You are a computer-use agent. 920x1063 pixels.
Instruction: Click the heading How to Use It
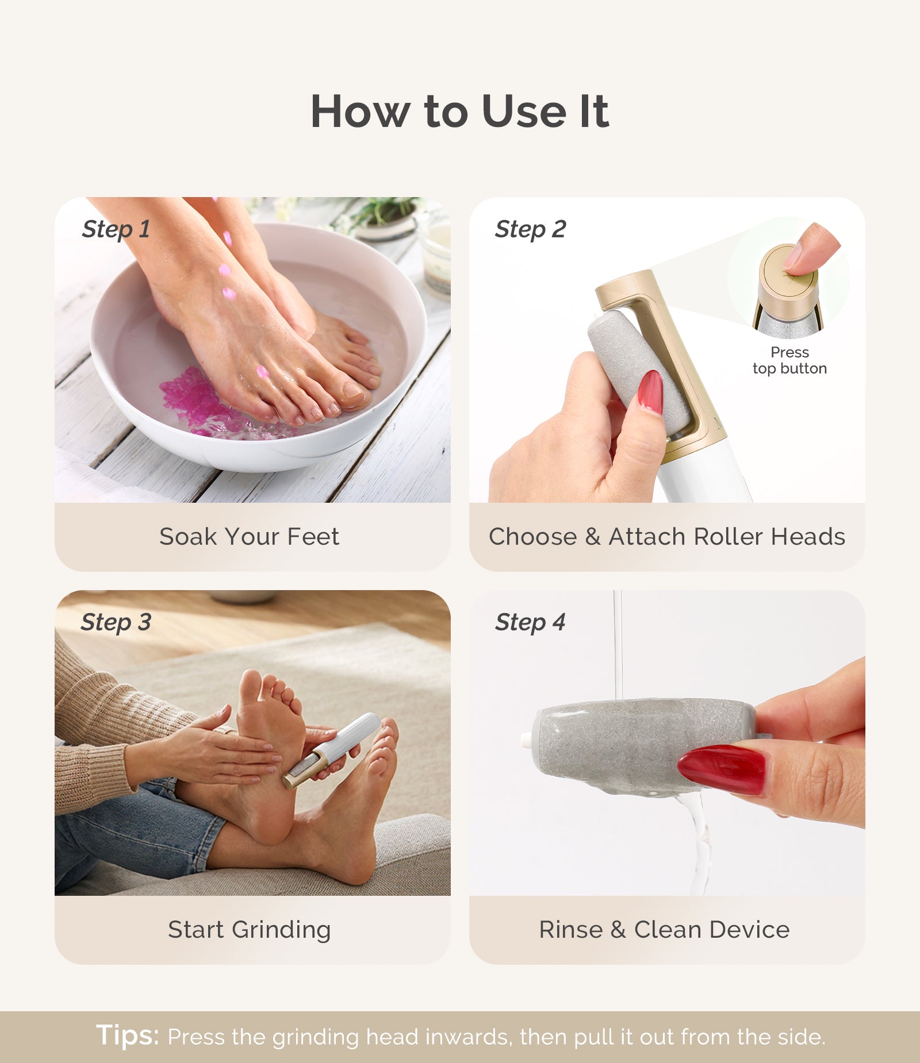[x=459, y=111]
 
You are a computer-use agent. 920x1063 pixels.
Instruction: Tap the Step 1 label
[x=116, y=229]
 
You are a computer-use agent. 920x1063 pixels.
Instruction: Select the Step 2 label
[x=530, y=229]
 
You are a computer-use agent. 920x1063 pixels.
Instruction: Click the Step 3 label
[x=116, y=622]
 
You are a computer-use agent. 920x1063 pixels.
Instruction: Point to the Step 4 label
[x=530, y=622]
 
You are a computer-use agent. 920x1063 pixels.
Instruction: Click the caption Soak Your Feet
[x=249, y=537]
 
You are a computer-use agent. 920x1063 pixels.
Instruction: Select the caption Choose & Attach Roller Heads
[x=666, y=537]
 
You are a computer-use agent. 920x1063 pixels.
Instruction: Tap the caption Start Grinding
[x=249, y=930]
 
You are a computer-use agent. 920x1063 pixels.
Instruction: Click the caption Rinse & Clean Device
[x=664, y=930]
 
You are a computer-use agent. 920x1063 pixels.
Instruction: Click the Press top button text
[x=789, y=360]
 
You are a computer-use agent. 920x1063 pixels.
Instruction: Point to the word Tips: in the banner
[x=128, y=1035]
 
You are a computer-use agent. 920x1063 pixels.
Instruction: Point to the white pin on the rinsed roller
[x=525, y=741]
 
